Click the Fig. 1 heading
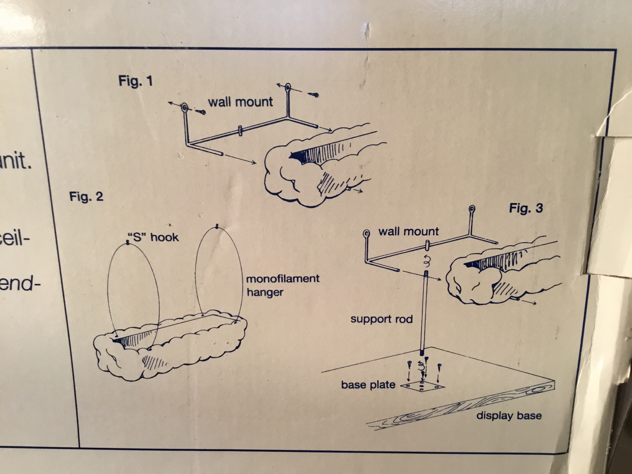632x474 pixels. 136,81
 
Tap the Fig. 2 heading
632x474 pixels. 86,197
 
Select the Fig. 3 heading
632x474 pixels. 526,208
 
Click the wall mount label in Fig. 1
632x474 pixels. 240,102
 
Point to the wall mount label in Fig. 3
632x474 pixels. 408,231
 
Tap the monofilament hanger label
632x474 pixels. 282,285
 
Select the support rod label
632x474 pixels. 381,319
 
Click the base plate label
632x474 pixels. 368,385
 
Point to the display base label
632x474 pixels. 509,415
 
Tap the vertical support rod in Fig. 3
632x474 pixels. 424,312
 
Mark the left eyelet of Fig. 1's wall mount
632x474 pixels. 184,107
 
